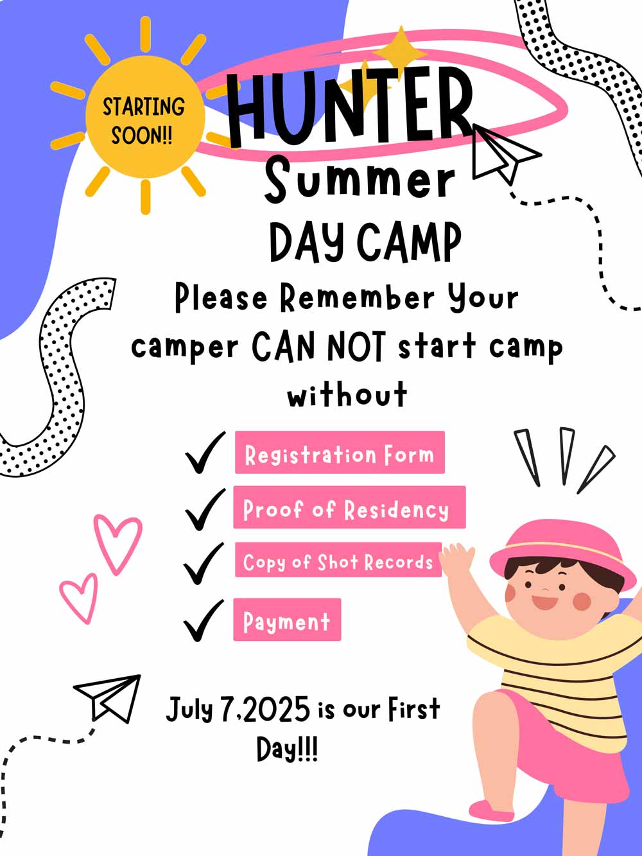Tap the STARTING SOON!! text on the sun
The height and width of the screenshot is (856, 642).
[x=143, y=121]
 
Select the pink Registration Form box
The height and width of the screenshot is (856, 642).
[x=340, y=452]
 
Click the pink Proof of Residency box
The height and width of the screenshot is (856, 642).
[x=349, y=507]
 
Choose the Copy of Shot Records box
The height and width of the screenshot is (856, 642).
[x=338, y=559]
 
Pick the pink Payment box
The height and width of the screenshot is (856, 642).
[x=287, y=620]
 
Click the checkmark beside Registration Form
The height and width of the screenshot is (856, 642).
[x=205, y=452]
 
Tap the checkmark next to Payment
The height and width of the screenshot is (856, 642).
[x=204, y=620]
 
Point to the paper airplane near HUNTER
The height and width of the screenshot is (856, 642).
[x=505, y=153]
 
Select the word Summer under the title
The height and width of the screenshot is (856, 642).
[x=360, y=180]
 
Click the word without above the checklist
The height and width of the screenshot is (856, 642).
[x=347, y=394]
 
